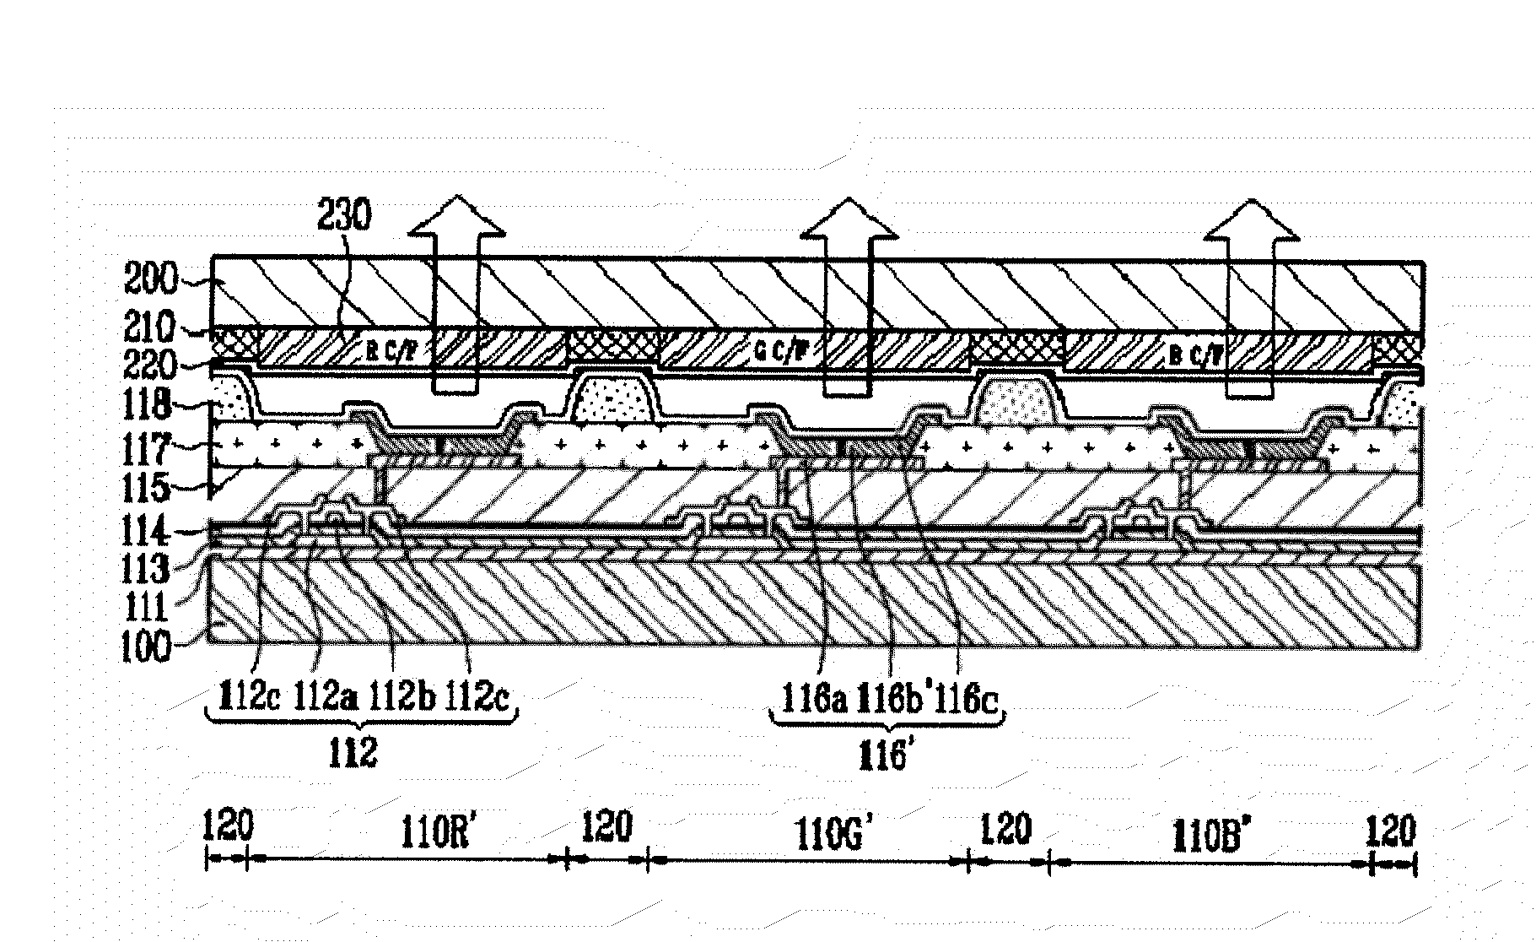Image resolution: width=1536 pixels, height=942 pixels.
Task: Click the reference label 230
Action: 344,216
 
